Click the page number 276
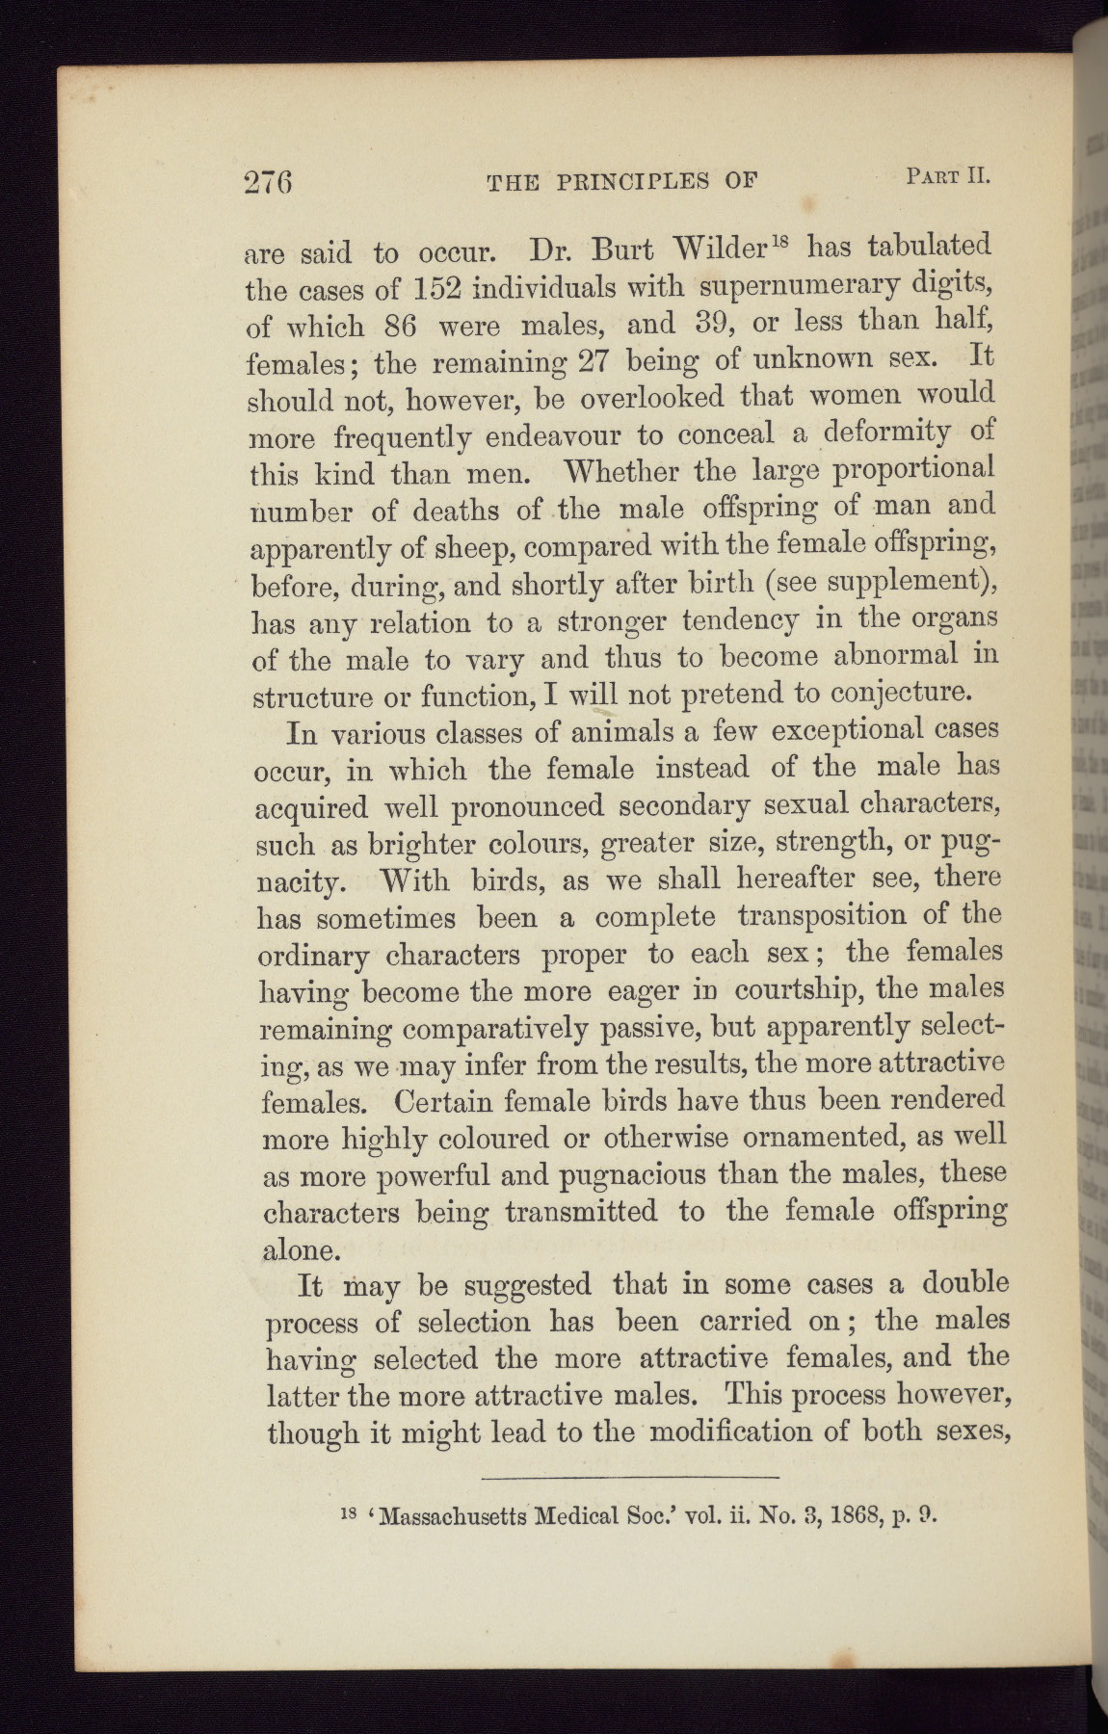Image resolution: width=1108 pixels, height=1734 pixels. [x=269, y=182]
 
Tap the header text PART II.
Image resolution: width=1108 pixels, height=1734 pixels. [x=948, y=176]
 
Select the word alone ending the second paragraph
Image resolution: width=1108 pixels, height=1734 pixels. [x=301, y=1249]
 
